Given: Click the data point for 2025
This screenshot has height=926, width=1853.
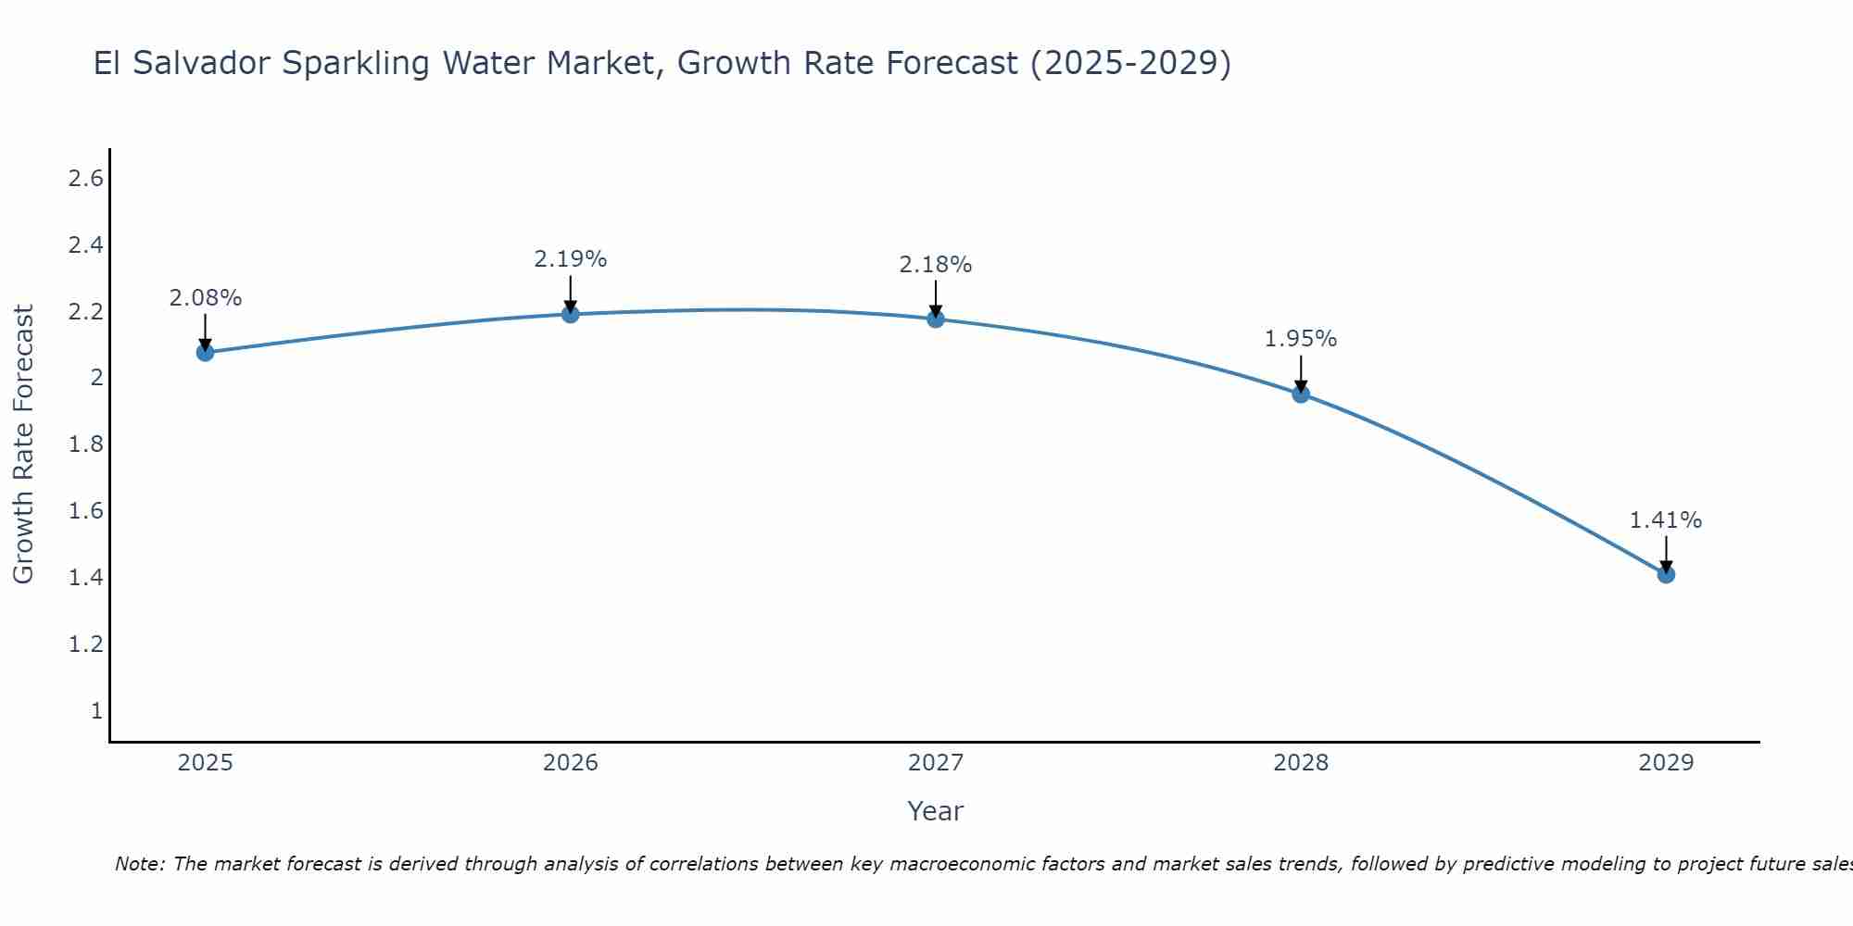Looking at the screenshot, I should tap(206, 352).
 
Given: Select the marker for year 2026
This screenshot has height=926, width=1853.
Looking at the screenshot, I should tap(571, 314).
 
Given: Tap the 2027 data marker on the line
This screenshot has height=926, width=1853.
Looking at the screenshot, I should tap(936, 319).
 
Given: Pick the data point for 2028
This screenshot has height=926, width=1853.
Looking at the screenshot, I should tap(1301, 394).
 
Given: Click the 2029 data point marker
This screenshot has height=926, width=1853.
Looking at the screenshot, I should tap(1666, 574).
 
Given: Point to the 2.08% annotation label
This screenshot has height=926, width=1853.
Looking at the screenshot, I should tap(206, 298).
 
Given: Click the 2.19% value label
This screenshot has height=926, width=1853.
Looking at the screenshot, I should tap(571, 259).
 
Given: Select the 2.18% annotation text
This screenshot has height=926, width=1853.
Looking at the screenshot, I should tap(936, 265).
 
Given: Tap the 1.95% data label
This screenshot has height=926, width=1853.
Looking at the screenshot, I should tap(1301, 339).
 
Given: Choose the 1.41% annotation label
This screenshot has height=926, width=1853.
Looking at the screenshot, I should tap(1666, 520).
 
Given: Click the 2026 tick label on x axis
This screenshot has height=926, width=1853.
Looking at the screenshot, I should tap(571, 763).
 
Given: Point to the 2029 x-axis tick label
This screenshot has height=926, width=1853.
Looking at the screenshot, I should tap(1666, 763).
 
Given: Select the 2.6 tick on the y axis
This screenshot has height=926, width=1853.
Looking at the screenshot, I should tap(85, 179).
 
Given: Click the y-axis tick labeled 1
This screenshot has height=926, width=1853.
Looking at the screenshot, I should tap(96, 711).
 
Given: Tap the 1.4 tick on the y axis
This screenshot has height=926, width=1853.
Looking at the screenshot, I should tap(85, 578).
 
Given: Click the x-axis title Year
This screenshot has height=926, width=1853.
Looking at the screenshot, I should tap(936, 811).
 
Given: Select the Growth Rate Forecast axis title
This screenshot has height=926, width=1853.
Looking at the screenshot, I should tap(23, 444).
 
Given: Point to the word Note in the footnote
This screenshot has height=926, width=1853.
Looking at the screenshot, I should tap(139, 864).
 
